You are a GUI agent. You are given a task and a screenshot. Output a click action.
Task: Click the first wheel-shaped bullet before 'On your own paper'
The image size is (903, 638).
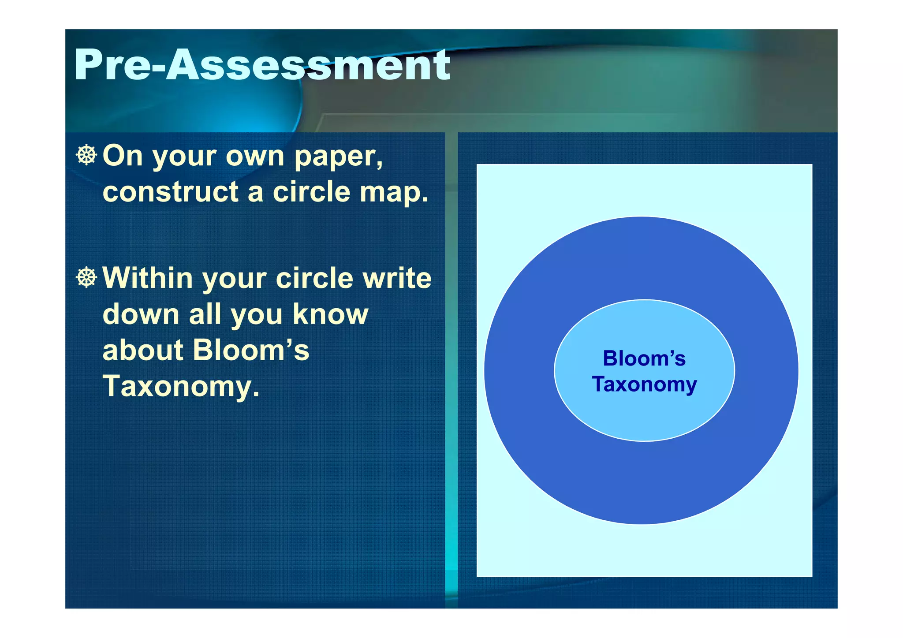[x=86, y=155]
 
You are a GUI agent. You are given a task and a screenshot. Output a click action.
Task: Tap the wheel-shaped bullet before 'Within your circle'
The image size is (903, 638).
[x=86, y=277]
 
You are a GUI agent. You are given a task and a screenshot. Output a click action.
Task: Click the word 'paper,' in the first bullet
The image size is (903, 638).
[x=339, y=157]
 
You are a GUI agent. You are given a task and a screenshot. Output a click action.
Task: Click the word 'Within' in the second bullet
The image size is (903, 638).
[x=148, y=278]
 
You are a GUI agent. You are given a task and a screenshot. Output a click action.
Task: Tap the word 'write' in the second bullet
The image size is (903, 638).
[x=397, y=278]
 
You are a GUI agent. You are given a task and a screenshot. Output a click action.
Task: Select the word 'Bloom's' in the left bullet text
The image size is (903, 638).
[x=251, y=350]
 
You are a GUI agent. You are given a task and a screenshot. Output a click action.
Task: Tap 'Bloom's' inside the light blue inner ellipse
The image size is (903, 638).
[x=644, y=358]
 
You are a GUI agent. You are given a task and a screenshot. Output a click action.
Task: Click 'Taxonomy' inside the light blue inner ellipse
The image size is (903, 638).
[x=644, y=384]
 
